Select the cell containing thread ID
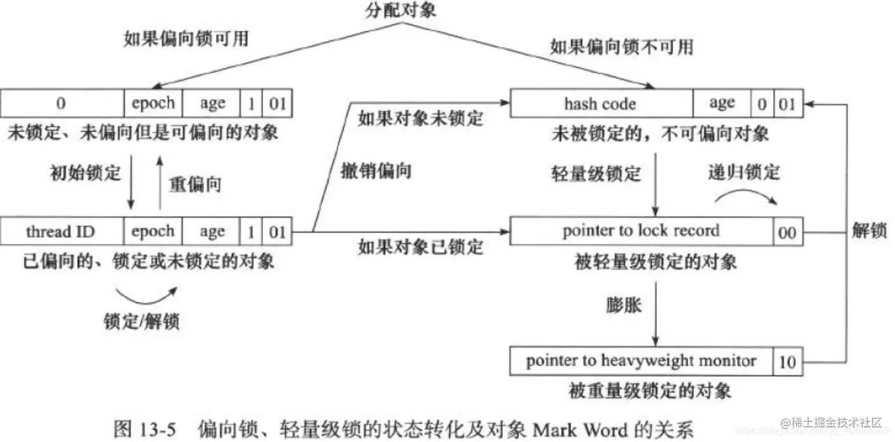pyautogui.click(x=62, y=232)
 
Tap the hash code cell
pyautogui.click(x=600, y=103)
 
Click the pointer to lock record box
pyautogui.click(x=641, y=231)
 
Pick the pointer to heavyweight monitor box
pyautogui.click(x=641, y=361)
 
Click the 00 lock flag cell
pyautogui.click(x=786, y=233)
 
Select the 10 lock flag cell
pyautogui.click(x=786, y=363)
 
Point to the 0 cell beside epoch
pyautogui.click(x=62, y=103)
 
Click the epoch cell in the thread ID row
pyautogui.click(x=153, y=232)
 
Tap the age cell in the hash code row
pyautogui.click(x=721, y=103)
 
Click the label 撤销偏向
pyautogui.click(x=384, y=171)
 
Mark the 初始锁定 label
pyautogui.click(x=85, y=173)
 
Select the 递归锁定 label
pyautogui.click(x=743, y=172)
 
